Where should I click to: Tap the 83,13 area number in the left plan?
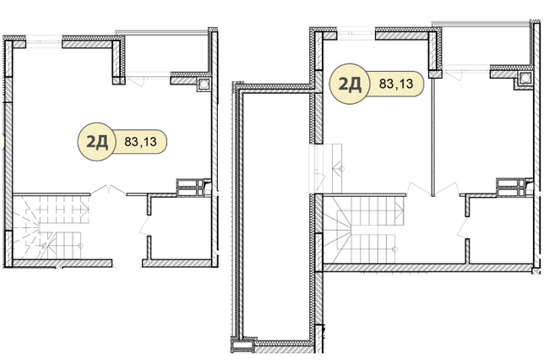tap(141, 142)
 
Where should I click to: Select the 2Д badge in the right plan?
tap(350, 84)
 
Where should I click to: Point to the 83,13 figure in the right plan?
tap(396, 84)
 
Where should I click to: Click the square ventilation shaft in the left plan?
tap(204, 84)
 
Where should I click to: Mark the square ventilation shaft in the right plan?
tap(525, 79)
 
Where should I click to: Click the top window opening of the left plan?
tap(44, 41)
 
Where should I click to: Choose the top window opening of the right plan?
tap(356, 33)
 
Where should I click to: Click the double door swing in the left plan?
tap(109, 189)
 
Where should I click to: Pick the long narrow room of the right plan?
tap(274, 216)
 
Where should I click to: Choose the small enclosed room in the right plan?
tap(501, 231)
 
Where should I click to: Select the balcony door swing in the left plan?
tap(135, 83)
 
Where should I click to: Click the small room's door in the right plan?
tap(463, 227)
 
